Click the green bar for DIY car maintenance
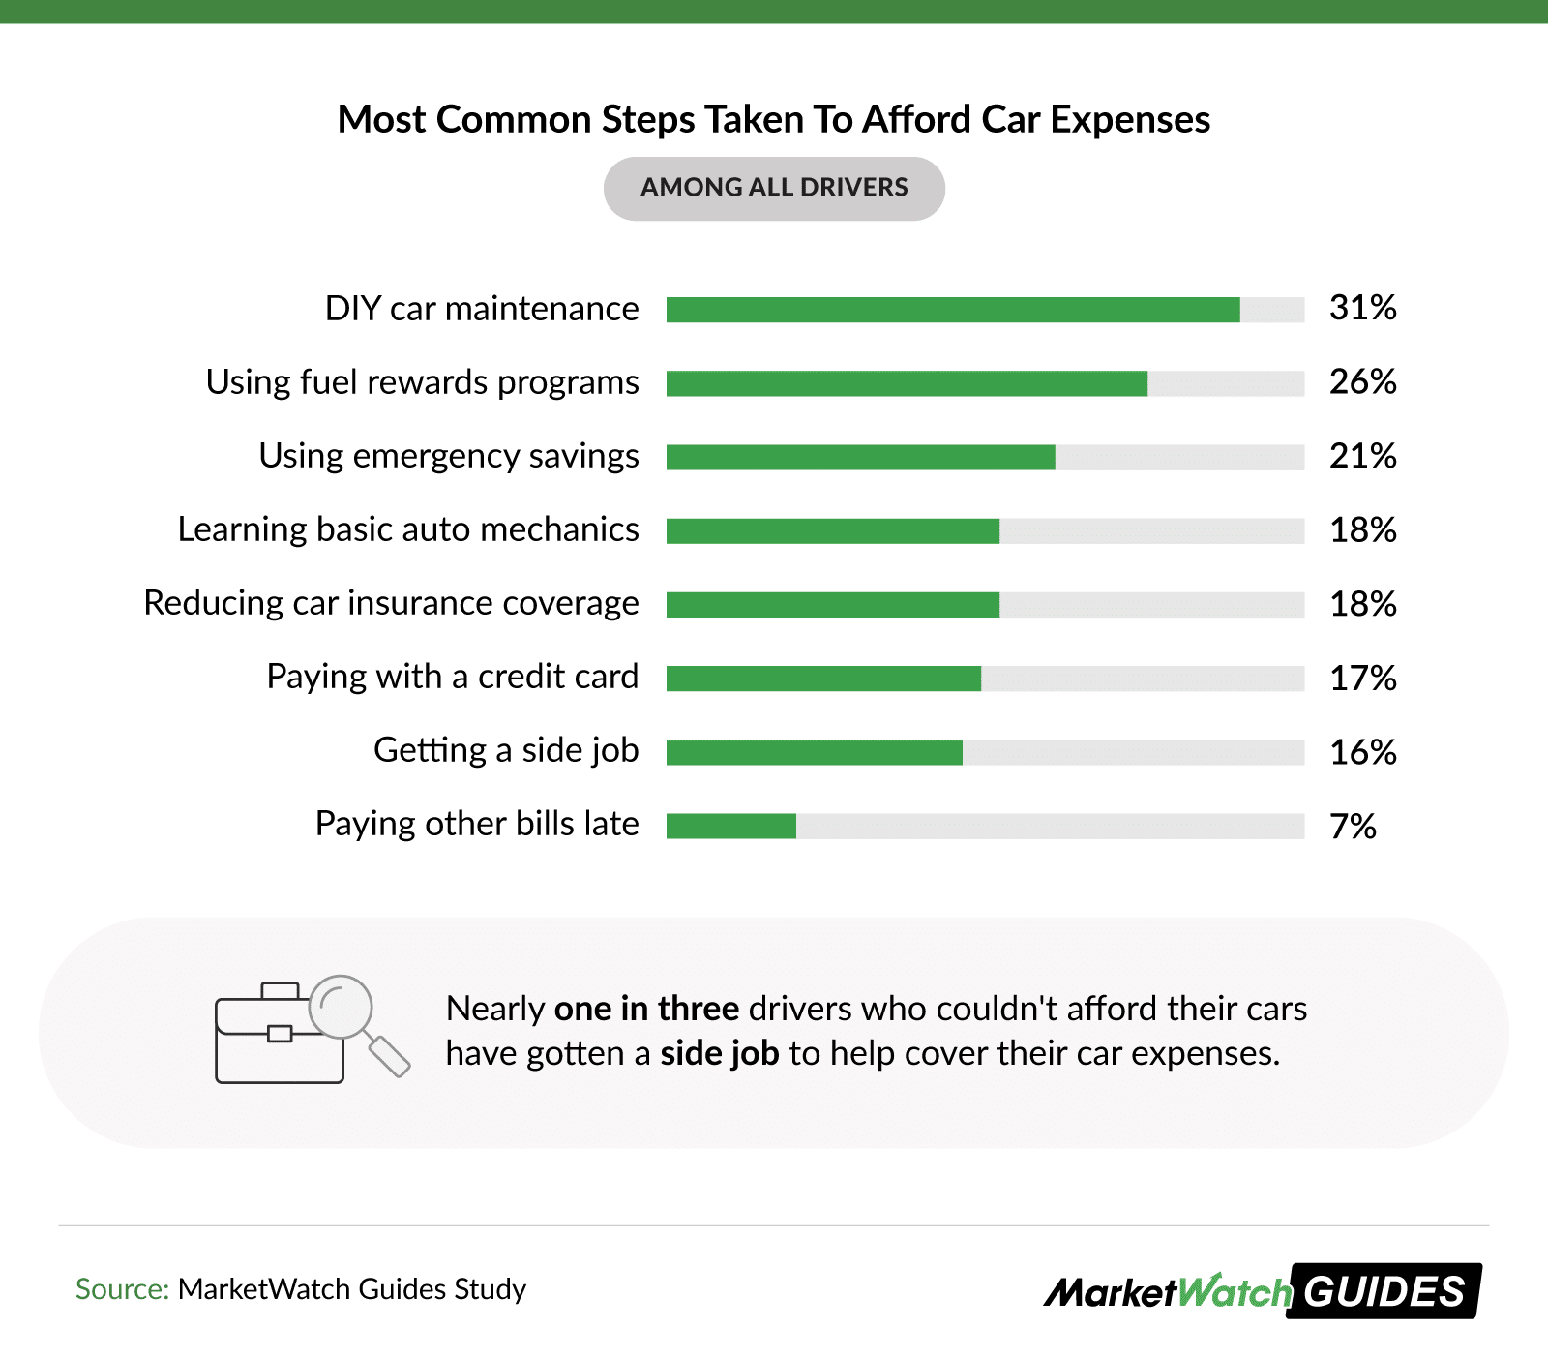[953, 310]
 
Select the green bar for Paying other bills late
[731, 826]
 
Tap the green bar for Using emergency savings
[861, 457]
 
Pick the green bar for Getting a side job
[815, 752]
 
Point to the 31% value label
[1362, 308]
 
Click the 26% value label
[1362, 381]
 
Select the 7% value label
[1353, 826]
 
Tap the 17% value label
[1362, 678]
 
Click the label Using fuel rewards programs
[422, 382]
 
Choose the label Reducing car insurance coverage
[391, 603]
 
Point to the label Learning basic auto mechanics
[408, 529]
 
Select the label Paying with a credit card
[452, 677]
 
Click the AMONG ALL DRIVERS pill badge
[774, 188]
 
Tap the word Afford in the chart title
[916, 120]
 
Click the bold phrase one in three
[646, 1009]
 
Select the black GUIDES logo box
[1384, 1291]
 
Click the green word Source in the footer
[122, 1289]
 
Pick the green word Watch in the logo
[1235, 1291]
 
